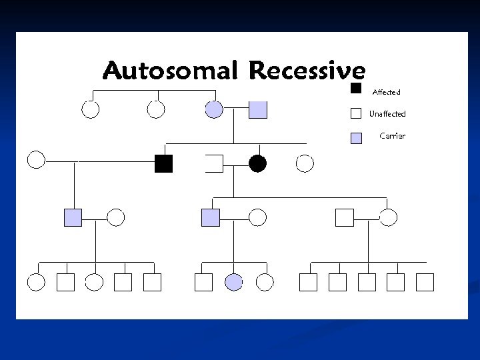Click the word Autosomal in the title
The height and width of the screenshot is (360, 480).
(172, 70)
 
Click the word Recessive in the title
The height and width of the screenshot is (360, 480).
(307, 70)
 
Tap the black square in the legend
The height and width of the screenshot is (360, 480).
(356, 89)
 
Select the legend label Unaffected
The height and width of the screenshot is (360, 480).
(387, 114)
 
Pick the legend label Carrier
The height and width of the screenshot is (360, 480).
(392, 136)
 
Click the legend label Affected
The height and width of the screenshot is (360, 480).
(386, 91)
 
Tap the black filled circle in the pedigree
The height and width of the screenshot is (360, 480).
(257, 163)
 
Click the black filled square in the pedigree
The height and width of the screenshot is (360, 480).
(163, 163)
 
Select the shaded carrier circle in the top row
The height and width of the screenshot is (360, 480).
(214, 109)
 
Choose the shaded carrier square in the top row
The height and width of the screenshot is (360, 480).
(258, 109)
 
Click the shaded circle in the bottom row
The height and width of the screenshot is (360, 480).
(233, 283)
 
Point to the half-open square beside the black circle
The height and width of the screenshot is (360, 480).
(215, 163)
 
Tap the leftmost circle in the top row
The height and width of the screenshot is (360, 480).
(90, 109)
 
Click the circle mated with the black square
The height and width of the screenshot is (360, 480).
(36, 160)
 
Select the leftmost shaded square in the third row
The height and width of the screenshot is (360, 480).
(73, 217)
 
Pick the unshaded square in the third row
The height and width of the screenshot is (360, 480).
(344, 217)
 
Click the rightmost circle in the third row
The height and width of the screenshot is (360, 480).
(388, 217)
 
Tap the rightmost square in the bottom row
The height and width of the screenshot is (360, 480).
(425, 283)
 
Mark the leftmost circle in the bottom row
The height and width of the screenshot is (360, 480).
(36, 283)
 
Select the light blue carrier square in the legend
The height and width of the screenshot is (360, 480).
(356, 138)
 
